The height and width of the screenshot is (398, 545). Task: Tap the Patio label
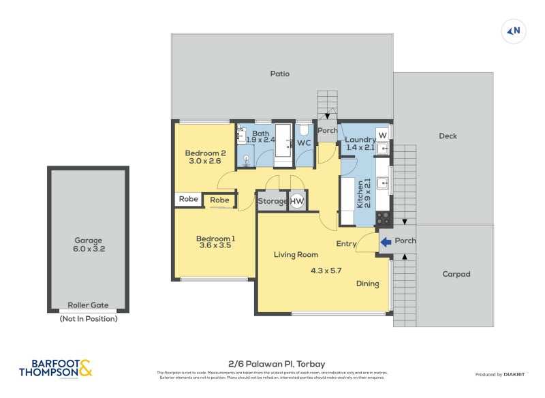pyautogui.click(x=279, y=74)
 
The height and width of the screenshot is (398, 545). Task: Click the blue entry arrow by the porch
pyautogui.click(x=386, y=241)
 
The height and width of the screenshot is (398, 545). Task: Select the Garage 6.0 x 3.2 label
pyautogui.click(x=89, y=245)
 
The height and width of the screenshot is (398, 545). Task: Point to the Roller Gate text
pyautogui.click(x=88, y=305)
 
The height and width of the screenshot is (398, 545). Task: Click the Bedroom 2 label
pyautogui.click(x=205, y=153)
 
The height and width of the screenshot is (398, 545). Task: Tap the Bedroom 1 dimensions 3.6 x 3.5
pyautogui.click(x=215, y=247)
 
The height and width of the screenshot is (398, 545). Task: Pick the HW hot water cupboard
pyautogui.click(x=297, y=201)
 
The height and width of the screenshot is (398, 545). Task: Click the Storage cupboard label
pyautogui.click(x=272, y=201)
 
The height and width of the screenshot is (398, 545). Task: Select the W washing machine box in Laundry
pyautogui.click(x=382, y=134)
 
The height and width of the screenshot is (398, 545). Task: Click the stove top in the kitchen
pyautogui.click(x=383, y=219)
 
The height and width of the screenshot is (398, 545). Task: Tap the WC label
pyautogui.click(x=304, y=143)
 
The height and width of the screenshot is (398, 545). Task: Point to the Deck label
pyautogui.click(x=448, y=136)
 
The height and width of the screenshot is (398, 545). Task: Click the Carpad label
pyautogui.click(x=456, y=274)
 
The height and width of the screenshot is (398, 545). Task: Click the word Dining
pyautogui.click(x=367, y=284)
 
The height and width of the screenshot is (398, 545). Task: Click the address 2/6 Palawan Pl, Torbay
pyautogui.click(x=272, y=364)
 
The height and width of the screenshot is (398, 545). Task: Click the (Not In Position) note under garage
pyautogui.click(x=88, y=318)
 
